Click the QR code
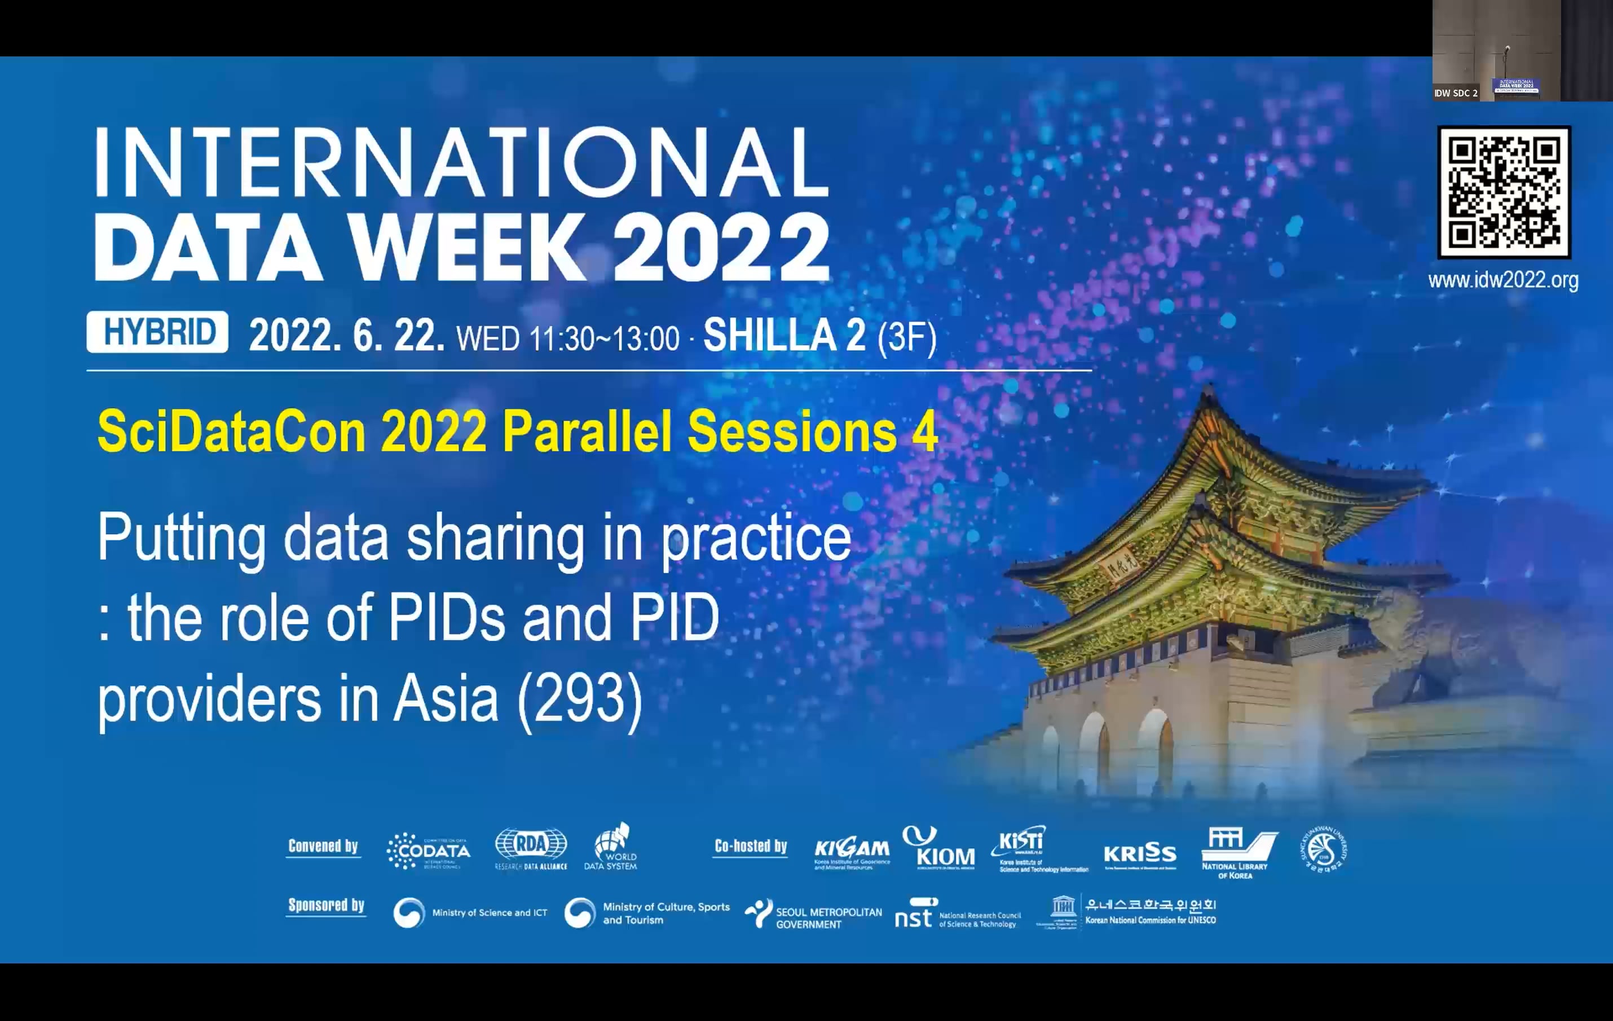point(1504,192)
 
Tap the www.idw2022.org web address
point(1503,280)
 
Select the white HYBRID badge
point(157,332)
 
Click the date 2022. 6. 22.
point(346,335)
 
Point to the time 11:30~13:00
point(604,339)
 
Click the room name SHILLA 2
point(784,335)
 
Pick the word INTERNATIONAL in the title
point(462,163)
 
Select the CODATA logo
point(429,851)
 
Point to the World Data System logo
point(611,847)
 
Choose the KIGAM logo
point(852,853)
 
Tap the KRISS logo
point(1140,854)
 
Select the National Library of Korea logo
point(1237,852)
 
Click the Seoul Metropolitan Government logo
point(813,915)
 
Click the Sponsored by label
point(326,905)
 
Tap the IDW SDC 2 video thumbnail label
point(1456,93)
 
